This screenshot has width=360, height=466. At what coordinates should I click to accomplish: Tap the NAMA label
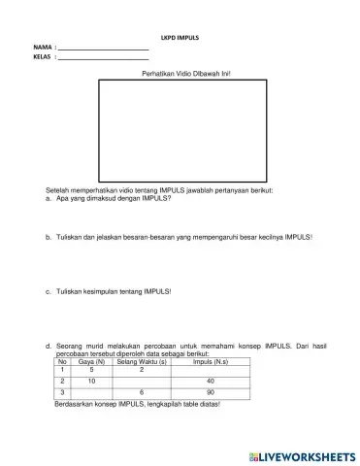[x=42, y=49]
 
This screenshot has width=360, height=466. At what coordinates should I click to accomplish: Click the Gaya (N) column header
[x=91, y=362]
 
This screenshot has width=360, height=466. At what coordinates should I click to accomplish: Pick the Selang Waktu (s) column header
[x=142, y=362]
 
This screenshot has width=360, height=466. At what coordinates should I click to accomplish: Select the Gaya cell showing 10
[x=91, y=382]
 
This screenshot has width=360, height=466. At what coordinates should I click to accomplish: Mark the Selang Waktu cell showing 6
[x=142, y=393]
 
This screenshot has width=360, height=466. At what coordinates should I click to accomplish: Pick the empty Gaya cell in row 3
[x=91, y=393]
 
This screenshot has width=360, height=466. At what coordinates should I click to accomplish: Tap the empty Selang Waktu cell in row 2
[x=142, y=382]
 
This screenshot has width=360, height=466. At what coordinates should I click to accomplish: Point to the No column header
[x=62, y=362]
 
